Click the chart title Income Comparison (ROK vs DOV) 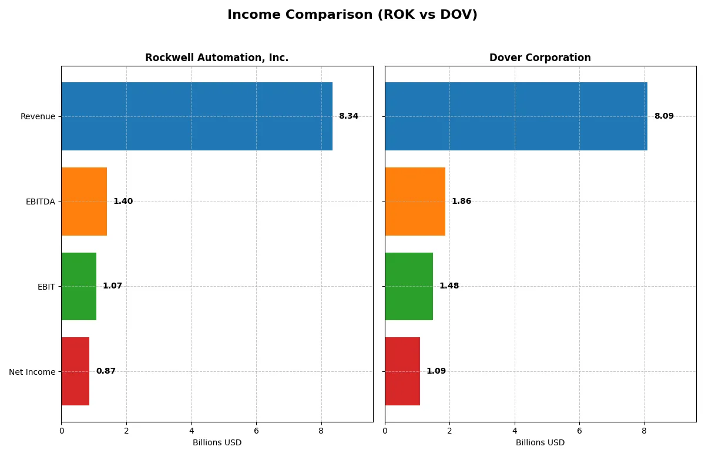(352, 15)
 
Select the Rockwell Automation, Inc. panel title (217, 58)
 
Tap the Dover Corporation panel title (540, 58)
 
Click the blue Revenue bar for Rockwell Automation (197, 116)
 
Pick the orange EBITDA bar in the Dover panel (415, 202)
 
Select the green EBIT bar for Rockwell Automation (79, 287)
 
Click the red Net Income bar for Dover (402, 371)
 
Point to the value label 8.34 (348, 116)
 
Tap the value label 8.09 (664, 116)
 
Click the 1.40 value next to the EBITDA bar (123, 202)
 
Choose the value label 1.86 (461, 202)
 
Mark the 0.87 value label (106, 371)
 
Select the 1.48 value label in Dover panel (449, 286)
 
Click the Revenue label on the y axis (38, 116)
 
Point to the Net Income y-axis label (32, 372)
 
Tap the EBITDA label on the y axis (41, 202)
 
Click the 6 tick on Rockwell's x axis (256, 431)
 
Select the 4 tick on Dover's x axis (515, 431)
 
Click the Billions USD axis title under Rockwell (217, 443)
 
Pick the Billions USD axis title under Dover (540, 443)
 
